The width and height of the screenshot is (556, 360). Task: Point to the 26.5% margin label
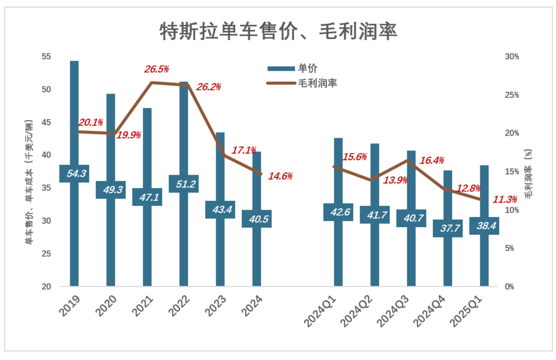[156, 69]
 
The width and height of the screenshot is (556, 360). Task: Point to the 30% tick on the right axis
[512, 57]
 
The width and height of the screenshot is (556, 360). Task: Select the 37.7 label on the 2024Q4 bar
[448, 228]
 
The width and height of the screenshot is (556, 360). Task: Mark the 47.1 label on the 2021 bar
[147, 197]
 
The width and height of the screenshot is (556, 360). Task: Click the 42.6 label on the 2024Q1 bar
[338, 212]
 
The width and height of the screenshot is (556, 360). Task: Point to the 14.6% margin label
[281, 176]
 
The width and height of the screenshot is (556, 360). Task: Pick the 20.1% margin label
[90, 122]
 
